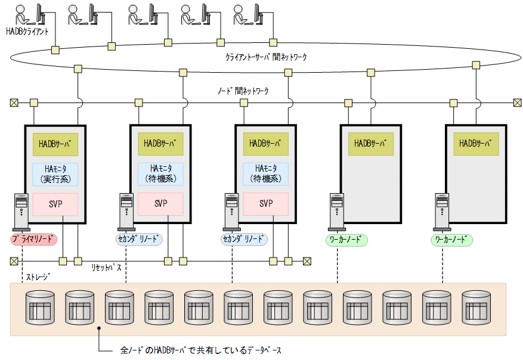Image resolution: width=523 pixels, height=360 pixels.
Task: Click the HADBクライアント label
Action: (x=27, y=30)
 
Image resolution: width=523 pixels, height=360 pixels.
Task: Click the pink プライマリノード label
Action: (x=34, y=240)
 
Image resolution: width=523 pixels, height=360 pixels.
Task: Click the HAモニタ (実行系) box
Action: (x=55, y=173)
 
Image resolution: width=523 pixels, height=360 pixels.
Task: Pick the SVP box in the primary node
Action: (x=55, y=204)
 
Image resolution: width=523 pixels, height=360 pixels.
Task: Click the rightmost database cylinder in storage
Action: (x=475, y=306)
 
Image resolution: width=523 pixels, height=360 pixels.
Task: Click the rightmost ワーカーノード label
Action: (x=451, y=240)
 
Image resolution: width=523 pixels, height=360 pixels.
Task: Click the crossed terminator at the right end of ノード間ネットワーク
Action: (x=517, y=103)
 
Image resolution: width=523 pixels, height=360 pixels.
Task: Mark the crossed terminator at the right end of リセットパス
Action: (x=307, y=260)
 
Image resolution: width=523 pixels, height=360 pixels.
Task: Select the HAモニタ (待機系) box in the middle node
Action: (x=266, y=173)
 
